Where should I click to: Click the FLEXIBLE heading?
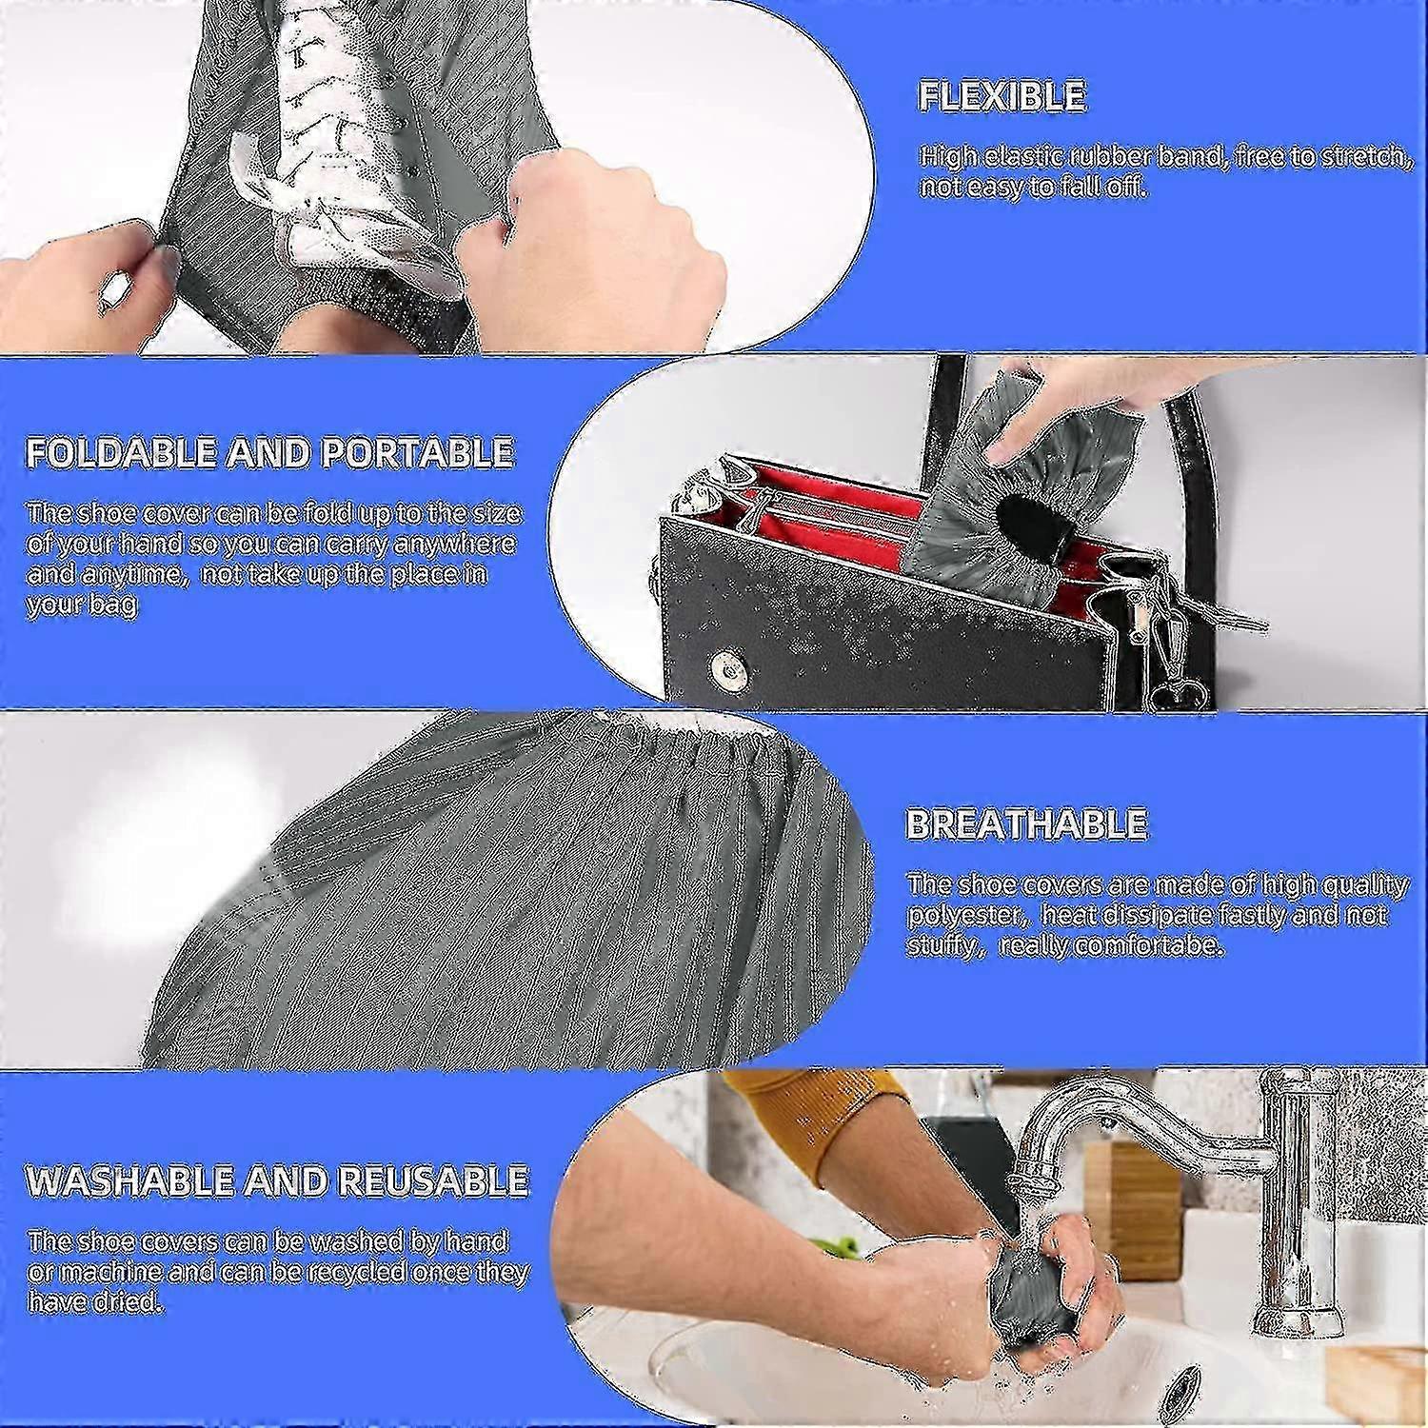click(1002, 96)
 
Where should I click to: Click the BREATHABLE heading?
click(1026, 823)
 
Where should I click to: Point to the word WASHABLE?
click(130, 1180)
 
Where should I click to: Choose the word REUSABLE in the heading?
click(433, 1180)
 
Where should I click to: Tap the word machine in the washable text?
click(108, 1272)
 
